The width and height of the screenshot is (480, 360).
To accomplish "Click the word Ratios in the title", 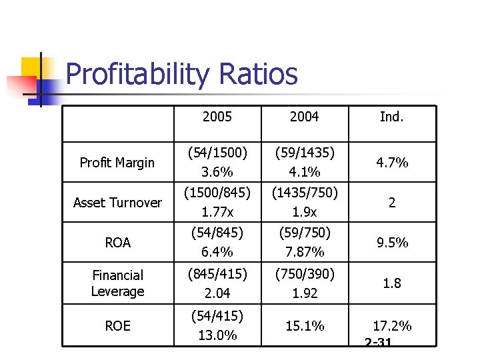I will (x=261, y=74).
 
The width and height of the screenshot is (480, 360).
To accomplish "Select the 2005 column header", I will (x=217, y=117).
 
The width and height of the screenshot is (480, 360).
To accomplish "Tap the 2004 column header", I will (x=304, y=117).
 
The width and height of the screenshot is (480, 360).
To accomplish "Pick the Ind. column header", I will (x=391, y=117).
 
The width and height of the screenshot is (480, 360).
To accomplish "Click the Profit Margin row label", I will (x=117, y=163).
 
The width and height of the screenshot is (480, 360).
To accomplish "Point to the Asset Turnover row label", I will (x=117, y=203).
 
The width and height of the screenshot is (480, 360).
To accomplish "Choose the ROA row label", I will (x=117, y=243).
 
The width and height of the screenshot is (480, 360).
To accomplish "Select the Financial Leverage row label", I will (x=117, y=283).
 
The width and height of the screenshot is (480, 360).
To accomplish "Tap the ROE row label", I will (x=117, y=326).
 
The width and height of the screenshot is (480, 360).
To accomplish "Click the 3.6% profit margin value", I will (x=217, y=172).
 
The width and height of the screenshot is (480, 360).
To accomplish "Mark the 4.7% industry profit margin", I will (x=392, y=163).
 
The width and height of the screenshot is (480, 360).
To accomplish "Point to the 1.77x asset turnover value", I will (x=217, y=212).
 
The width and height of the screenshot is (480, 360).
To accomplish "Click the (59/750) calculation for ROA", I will (x=304, y=233).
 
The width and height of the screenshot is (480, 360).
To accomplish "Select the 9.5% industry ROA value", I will (x=392, y=243).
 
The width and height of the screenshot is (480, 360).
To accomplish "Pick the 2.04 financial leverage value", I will (x=217, y=293).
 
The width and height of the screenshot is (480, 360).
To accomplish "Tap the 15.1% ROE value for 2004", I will (x=304, y=326).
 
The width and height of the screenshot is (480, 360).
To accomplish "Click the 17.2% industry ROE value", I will (x=392, y=326).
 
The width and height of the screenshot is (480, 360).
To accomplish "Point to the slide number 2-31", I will (x=378, y=342).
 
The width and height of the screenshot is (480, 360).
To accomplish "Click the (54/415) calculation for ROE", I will (x=217, y=315).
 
